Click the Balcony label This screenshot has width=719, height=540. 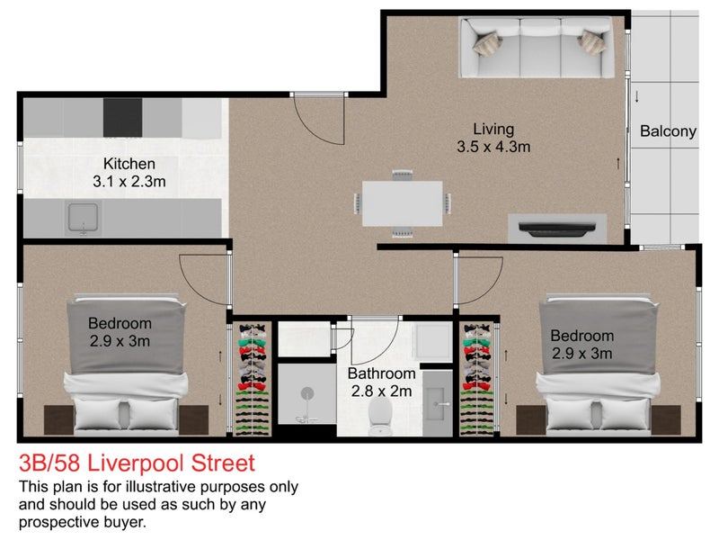point(668,131)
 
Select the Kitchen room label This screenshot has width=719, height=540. point(129,164)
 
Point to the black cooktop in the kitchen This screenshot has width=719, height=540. point(123,116)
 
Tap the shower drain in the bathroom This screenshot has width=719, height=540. point(308,393)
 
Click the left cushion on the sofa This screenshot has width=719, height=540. point(490,40)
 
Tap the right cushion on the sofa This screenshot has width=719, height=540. point(592,40)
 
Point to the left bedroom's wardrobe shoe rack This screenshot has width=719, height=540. point(252,378)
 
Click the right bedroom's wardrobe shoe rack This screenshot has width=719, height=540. point(478,378)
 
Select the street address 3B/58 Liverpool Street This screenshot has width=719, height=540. point(137,463)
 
